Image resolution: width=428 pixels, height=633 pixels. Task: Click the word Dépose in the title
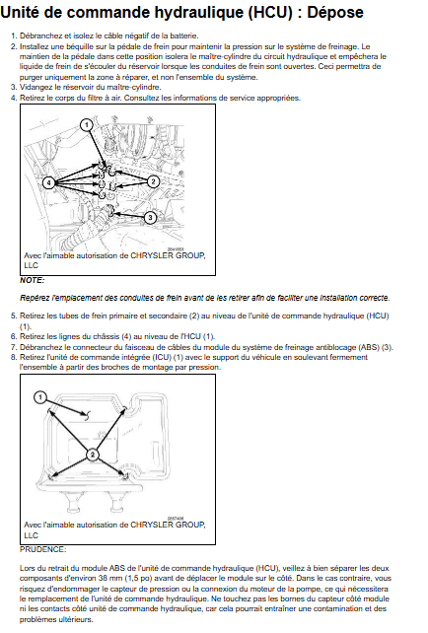point(335,13)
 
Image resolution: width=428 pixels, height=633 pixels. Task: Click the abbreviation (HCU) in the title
point(270,13)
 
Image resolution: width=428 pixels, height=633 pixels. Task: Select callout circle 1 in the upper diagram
point(87,125)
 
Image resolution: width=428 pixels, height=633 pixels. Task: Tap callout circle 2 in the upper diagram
point(153,181)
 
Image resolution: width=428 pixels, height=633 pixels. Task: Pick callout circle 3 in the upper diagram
point(150,218)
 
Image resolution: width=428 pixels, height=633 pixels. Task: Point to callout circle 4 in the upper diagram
point(49,182)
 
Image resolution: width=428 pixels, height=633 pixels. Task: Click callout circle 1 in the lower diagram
point(40,397)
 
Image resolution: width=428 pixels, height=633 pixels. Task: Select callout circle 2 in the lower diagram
point(93,455)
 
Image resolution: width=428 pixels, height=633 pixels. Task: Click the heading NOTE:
point(33,280)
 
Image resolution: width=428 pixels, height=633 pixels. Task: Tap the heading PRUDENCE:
point(42,549)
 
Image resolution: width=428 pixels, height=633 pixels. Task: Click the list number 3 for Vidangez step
point(14,87)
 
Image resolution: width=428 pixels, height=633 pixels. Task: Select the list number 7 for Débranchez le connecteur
point(14,347)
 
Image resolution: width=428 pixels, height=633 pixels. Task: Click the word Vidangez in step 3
point(34,88)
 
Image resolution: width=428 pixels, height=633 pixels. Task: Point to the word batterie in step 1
point(184,35)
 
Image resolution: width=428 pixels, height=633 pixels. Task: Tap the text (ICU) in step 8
point(164,357)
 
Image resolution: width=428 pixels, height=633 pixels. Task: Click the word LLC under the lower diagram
point(32,535)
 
